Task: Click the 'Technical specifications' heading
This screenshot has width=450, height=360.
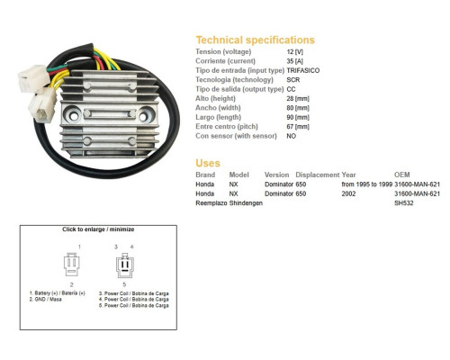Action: (x=256, y=40)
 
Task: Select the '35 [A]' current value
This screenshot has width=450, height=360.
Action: (x=295, y=61)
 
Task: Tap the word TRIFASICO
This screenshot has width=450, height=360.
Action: (x=303, y=70)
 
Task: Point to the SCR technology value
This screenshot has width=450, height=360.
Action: (x=293, y=80)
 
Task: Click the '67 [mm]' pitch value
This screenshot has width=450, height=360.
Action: (x=298, y=127)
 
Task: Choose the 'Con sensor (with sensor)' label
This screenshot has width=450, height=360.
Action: (x=236, y=136)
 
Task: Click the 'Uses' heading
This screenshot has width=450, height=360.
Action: (x=208, y=163)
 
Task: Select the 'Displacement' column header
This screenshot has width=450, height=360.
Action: (x=318, y=175)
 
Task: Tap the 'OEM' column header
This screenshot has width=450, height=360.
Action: (x=402, y=175)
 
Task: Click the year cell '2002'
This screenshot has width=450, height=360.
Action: (x=348, y=193)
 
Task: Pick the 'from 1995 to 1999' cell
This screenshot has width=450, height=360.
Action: (x=367, y=184)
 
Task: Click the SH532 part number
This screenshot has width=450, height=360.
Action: (x=404, y=203)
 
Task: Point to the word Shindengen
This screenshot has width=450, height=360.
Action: (x=246, y=203)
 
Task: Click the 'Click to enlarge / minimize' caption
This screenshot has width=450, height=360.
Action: (x=98, y=229)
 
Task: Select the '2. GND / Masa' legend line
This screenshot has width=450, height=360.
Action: (x=45, y=300)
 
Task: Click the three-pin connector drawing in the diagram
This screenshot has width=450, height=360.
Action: (x=125, y=265)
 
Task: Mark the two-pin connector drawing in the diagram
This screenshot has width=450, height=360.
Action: (x=72, y=265)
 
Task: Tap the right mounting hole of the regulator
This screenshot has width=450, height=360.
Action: (x=144, y=115)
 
